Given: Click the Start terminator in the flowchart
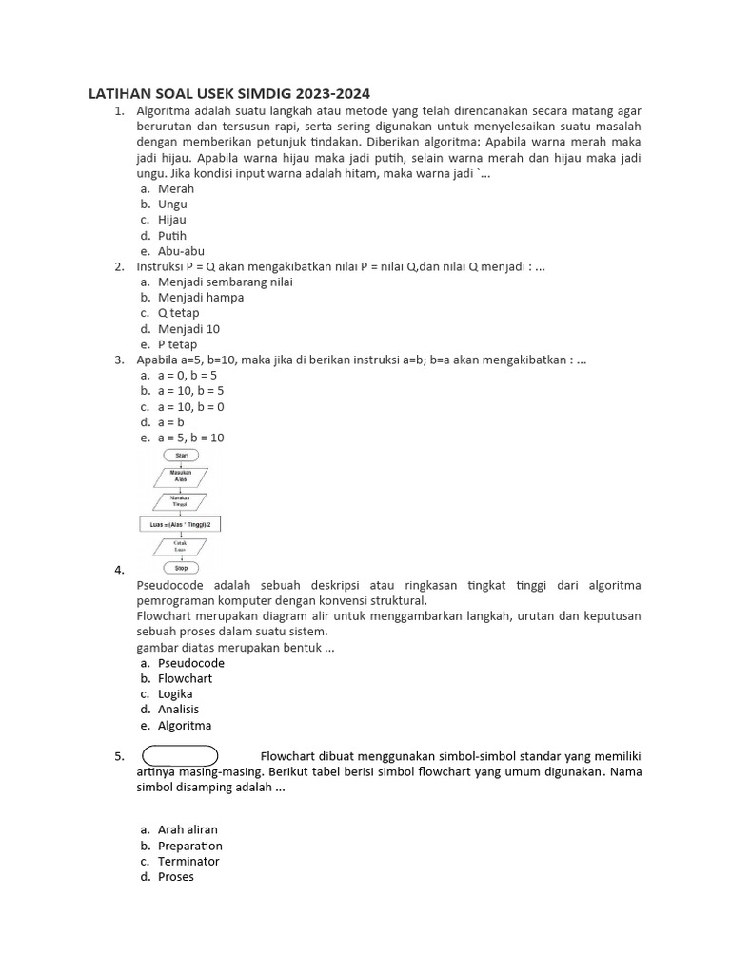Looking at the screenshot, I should coord(181,456).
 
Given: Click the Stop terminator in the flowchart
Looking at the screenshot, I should coord(181,568).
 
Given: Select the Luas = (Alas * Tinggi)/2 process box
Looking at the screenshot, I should coord(181,523).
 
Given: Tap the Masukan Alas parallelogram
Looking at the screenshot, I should coord(181,476).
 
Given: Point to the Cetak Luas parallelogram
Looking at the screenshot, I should coord(181,546).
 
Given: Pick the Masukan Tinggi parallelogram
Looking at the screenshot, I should coord(181,500).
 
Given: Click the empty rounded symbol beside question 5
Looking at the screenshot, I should coord(181,756).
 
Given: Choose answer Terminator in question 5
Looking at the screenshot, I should coord(188,861).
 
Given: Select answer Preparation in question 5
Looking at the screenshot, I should coord(189,846).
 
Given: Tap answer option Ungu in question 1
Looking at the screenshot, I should coord(172,204).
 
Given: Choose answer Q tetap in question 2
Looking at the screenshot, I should coord(178,313).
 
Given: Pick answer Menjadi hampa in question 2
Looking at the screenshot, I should coord(200,297).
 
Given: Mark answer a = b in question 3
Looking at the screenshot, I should coord(171,421).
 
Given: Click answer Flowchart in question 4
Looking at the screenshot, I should coord(185,678).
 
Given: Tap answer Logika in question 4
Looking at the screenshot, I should coord(175,693).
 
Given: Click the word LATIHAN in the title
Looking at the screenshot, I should coord(115,93).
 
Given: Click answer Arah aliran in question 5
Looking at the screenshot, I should coord(188,829).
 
